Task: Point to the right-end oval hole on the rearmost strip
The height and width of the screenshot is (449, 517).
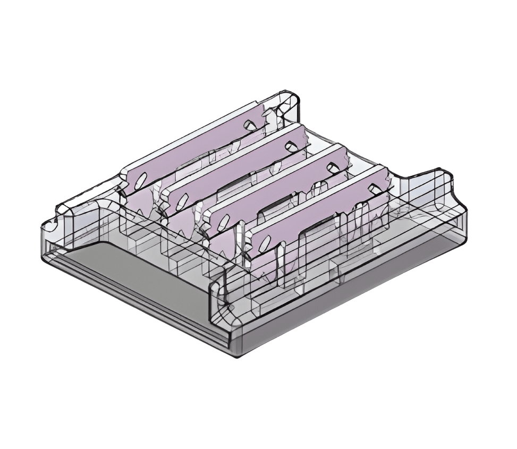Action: (248, 124)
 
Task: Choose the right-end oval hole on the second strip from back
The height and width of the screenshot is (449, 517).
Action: (290, 144)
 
